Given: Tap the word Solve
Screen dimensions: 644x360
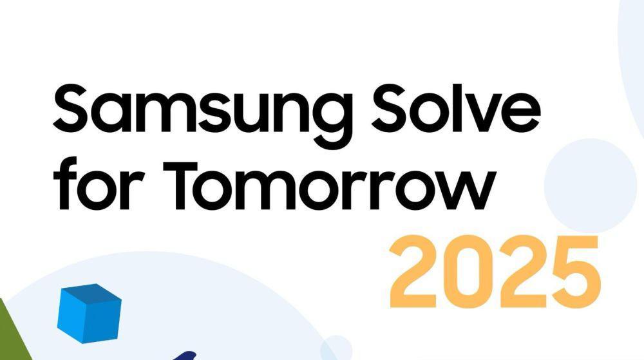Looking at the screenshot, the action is coord(456,108).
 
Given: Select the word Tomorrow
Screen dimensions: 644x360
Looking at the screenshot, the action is coord(328,184).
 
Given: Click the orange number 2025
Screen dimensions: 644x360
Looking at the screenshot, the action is coord(495,271).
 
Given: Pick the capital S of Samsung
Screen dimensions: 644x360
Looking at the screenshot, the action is coord(72,108).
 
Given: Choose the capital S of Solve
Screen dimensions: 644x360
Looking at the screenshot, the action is coord(391,108).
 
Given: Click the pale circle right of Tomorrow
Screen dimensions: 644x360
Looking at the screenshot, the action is coord(590,185).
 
